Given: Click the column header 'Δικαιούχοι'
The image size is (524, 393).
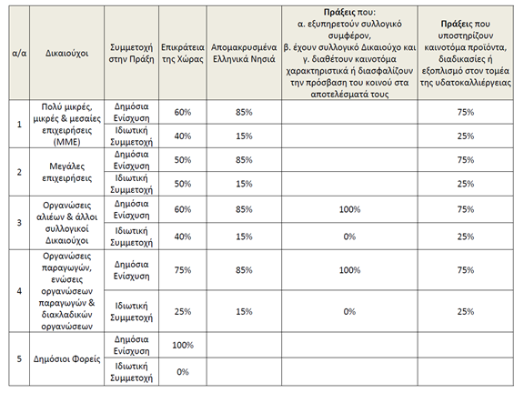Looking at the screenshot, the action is click(x=66, y=53).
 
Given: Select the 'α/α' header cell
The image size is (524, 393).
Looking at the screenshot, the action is click(x=19, y=53).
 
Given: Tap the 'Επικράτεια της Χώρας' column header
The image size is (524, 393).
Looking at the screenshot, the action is click(x=183, y=53).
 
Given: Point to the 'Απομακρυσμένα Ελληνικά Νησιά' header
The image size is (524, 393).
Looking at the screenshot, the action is click(x=244, y=53).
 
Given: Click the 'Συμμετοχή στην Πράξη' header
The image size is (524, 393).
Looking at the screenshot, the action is click(x=131, y=53).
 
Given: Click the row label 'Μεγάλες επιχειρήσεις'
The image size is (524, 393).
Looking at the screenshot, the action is click(x=66, y=172).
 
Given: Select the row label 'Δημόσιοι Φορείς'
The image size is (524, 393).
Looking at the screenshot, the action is click(x=66, y=359).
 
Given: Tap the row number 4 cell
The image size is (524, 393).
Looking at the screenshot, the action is click(x=19, y=291).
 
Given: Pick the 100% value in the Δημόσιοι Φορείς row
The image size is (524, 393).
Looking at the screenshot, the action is click(x=183, y=345).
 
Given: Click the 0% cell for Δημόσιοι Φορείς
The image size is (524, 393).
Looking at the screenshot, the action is click(x=183, y=372).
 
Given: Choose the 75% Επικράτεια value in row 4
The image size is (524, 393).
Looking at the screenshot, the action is click(x=183, y=270).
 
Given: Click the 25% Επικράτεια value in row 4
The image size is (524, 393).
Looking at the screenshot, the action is click(x=183, y=311).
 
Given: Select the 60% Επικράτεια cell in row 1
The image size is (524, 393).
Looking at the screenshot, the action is click(x=183, y=112).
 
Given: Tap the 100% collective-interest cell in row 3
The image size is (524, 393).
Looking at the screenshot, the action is click(x=350, y=209).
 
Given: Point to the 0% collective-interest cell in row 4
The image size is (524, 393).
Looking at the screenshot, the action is click(x=349, y=311).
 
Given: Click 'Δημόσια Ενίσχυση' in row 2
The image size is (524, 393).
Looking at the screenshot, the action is click(x=131, y=160).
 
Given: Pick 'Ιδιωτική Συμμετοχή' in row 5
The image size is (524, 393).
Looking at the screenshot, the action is click(x=131, y=372).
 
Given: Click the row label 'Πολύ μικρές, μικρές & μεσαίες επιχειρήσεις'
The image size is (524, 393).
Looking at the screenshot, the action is click(x=66, y=125).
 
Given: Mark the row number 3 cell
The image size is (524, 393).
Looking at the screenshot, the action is click(x=19, y=223).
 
